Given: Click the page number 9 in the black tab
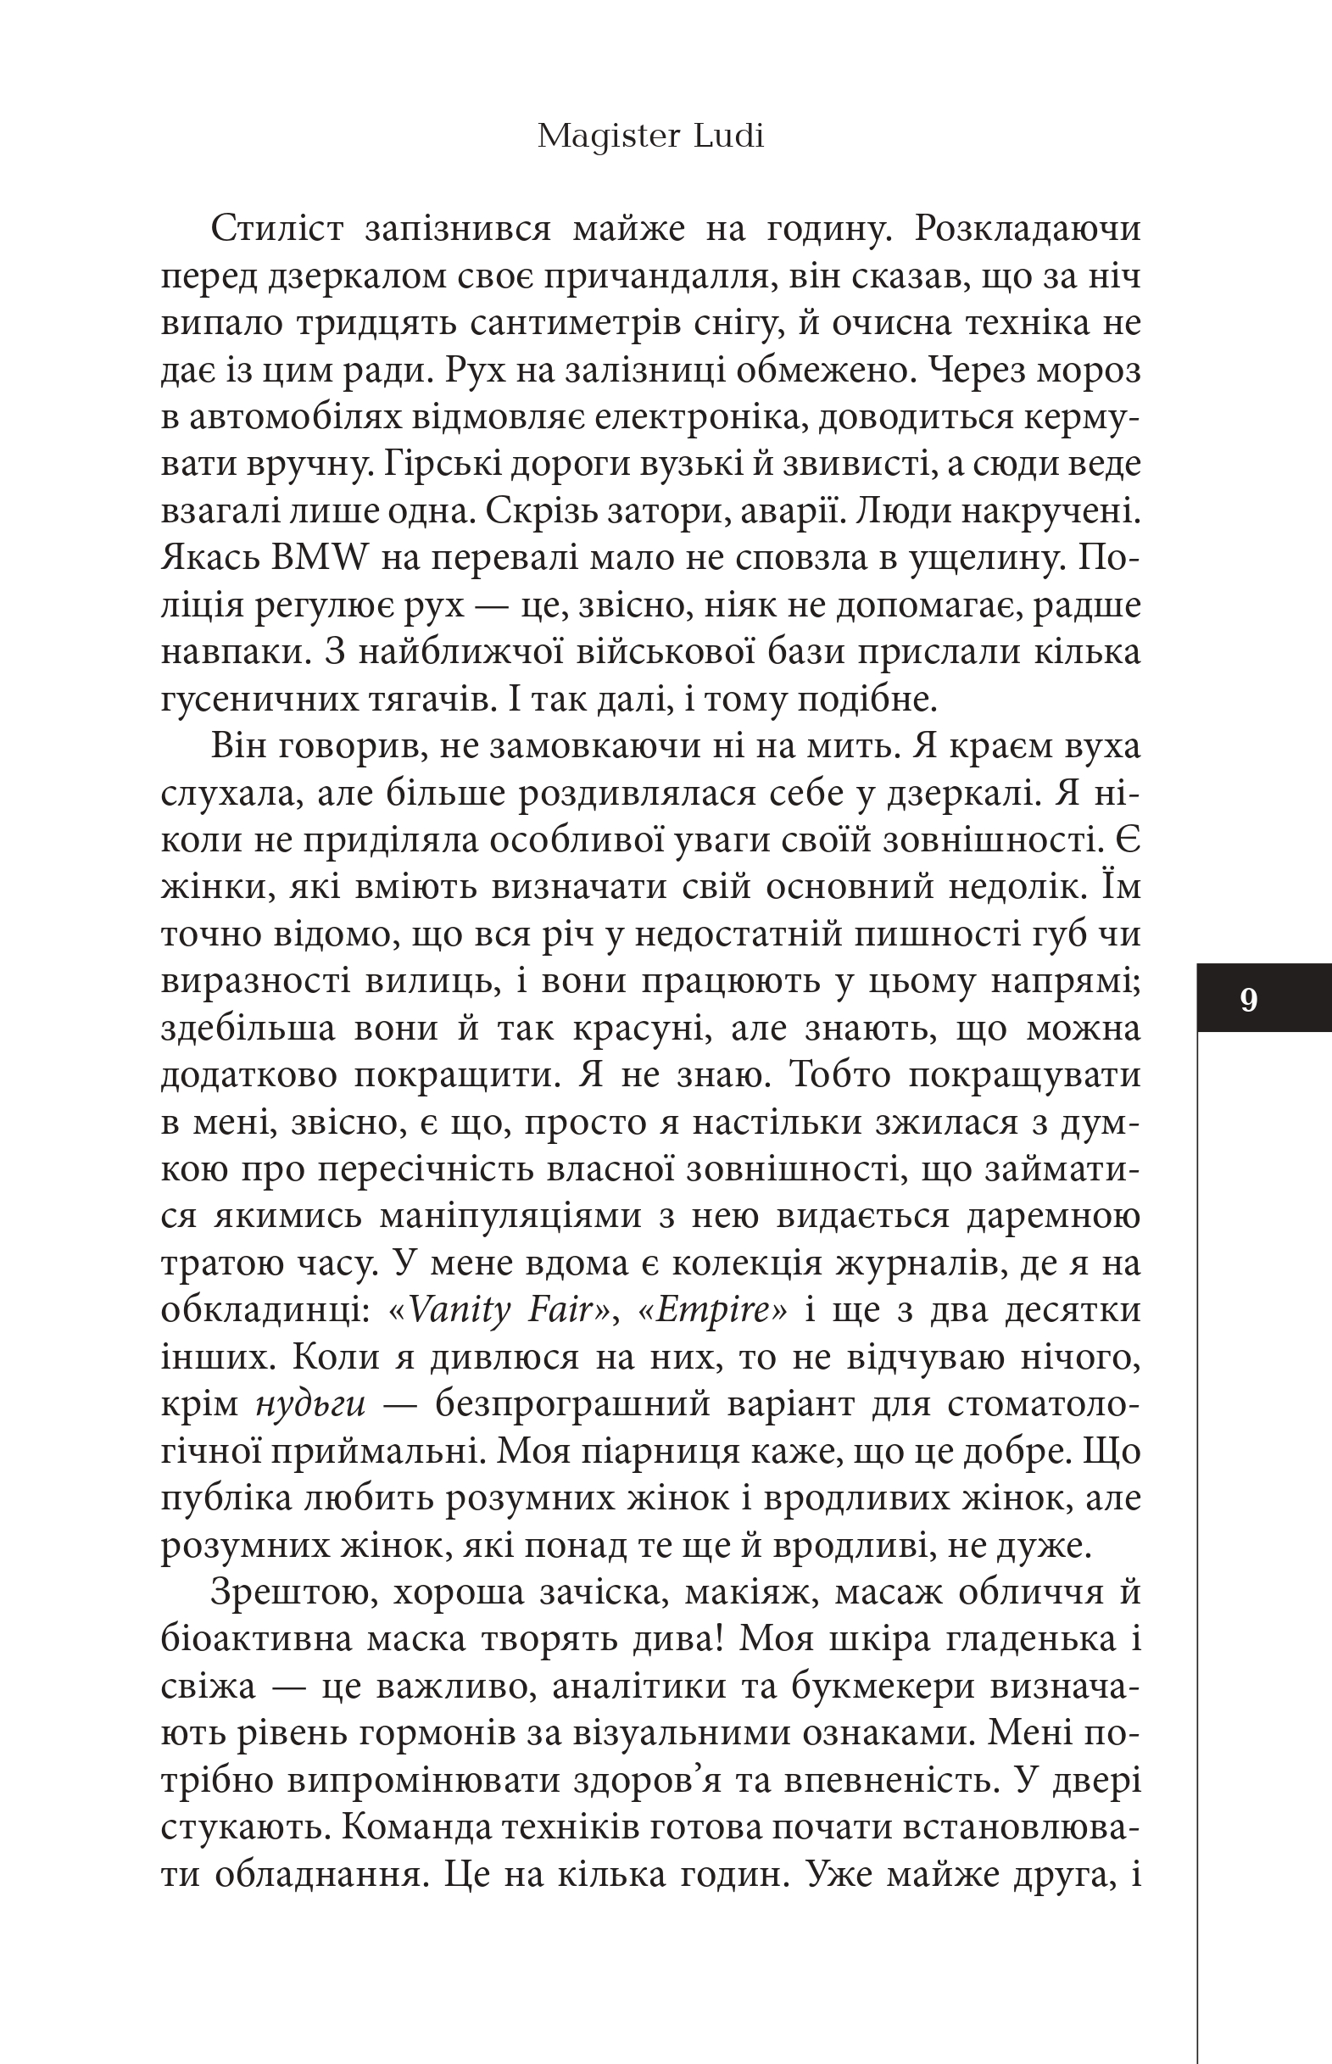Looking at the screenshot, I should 1248,1000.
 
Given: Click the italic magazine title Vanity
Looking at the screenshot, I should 460,1310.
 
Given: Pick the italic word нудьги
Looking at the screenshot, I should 310,1404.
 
